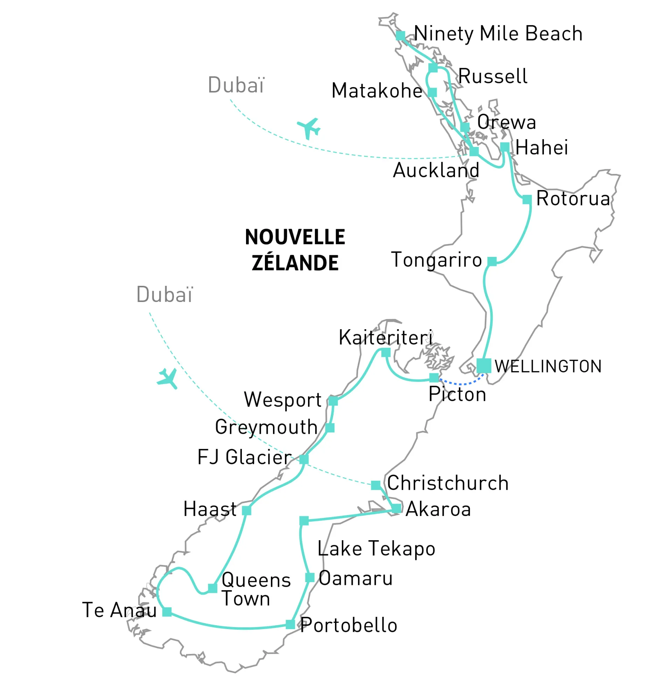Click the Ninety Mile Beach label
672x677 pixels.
[498, 34]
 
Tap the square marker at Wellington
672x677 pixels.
[483, 366]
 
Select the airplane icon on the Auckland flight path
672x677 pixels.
[308, 128]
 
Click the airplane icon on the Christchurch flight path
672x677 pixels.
[167, 379]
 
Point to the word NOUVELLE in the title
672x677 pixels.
[295, 237]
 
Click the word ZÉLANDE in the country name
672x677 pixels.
[295, 263]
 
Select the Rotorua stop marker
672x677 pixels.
[526, 200]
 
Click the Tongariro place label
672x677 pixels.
[436, 260]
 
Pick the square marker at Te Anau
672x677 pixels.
[167, 612]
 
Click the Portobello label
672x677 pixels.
[349, 625]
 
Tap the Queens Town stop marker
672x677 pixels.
[212, 588]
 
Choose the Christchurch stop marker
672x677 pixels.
[376, 485]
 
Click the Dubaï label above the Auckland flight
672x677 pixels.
[236, 85]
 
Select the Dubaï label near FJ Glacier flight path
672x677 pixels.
[164, 294]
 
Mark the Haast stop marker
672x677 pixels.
[246, 511]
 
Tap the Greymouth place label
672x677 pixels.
[266, 428]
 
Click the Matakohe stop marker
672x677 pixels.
[432, 92]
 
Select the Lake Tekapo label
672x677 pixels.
[376, 549]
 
